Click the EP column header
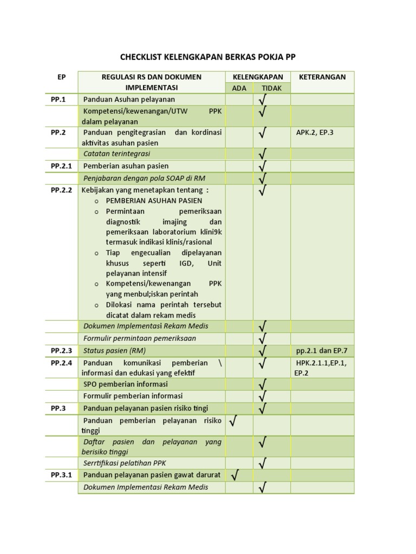click(61, 77)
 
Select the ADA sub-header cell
click(239, 88)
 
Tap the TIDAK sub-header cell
click(271, 88)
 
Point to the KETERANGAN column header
click(322, 77)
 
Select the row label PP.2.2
click(61, 190)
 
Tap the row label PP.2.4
click(61, 363)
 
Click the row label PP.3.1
click(61, 474)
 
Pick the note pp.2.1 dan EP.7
click(322, 351)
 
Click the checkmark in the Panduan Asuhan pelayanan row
click(263, 99)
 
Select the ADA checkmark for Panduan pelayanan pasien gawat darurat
click(235, 474)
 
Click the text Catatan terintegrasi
click(116, 154)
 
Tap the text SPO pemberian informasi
click(125, 384)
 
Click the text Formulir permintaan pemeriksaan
click(139, 338)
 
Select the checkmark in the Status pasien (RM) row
click(263, 351)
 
